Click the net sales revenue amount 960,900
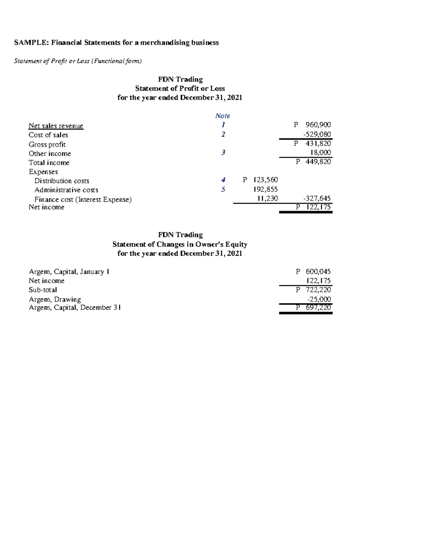[318, 125]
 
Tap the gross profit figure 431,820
[318, 143]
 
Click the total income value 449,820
[318, 162]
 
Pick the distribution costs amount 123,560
[265, 180]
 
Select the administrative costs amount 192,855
[265, 189]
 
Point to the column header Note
[222, 116]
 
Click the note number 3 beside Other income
[223, 153]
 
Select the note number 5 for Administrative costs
[223, 189]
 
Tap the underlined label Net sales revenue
[56, 126]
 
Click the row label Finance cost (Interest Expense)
[83, 199]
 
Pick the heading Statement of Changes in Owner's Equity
[180, 244]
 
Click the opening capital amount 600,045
[318, 272]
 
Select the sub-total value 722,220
[318, 290]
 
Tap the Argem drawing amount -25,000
[319, 299]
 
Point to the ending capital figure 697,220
[318, 307]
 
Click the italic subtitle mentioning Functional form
[78, 61]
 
